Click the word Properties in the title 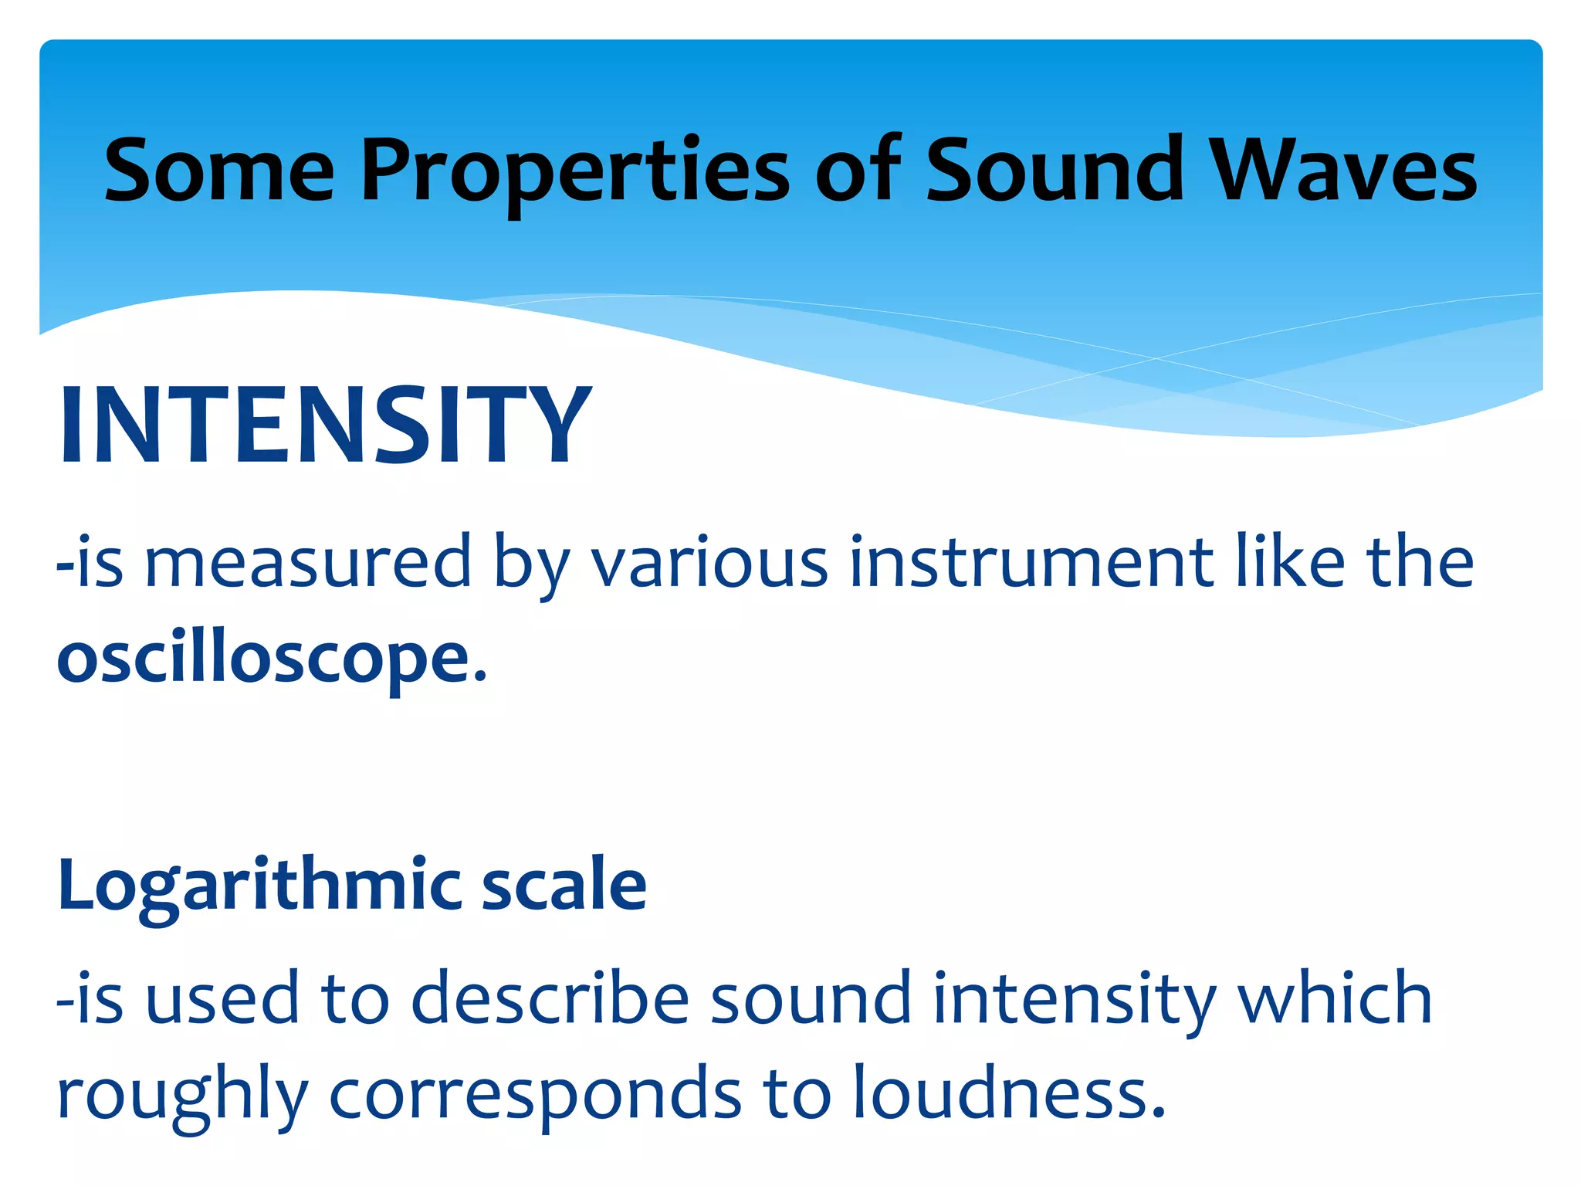tap(575, 171)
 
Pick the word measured tap(307, 562)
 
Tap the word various tap(709, 562)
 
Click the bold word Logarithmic tap(259, 886)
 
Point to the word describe tap(550, 998)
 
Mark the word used tap(222, 998)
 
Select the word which tap(1335, 998)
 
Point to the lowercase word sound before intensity tap(811, 998)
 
